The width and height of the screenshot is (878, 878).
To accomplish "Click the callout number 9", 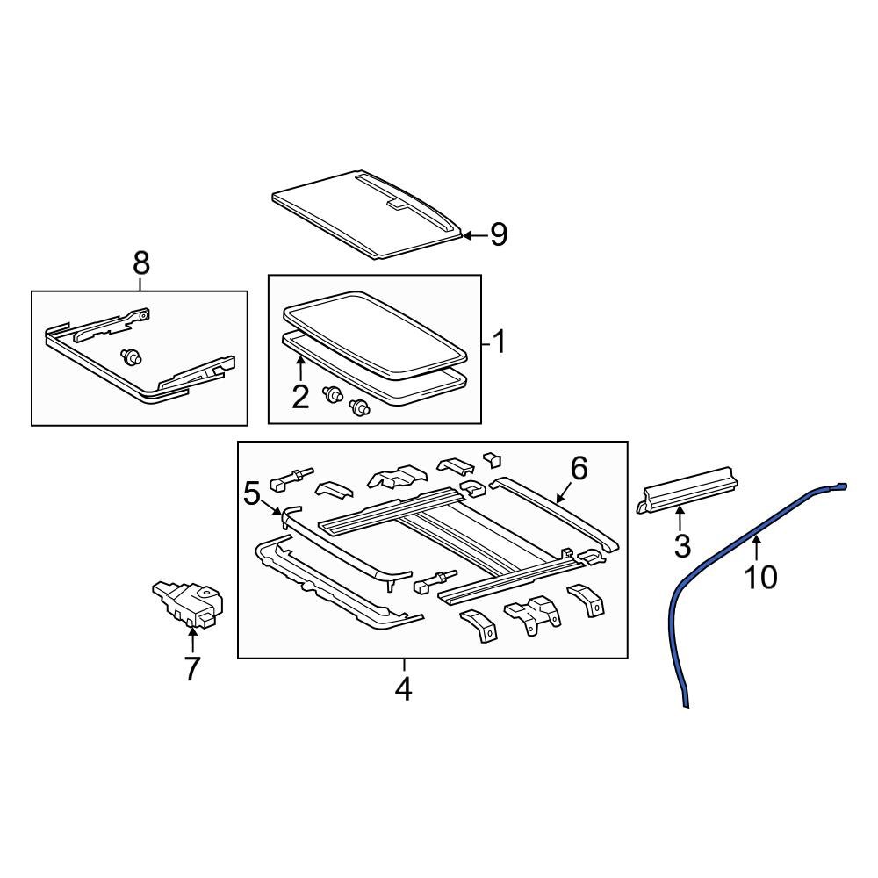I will tap(499, 234).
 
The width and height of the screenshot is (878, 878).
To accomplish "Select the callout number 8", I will tap(140, 263).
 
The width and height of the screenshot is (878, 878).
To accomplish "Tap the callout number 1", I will tap(498, 342).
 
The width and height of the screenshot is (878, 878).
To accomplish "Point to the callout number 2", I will tap(300, 397).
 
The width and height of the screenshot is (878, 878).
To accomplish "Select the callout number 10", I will tap(761, 577).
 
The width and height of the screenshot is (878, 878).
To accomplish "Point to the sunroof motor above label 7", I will tap(188, 603).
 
